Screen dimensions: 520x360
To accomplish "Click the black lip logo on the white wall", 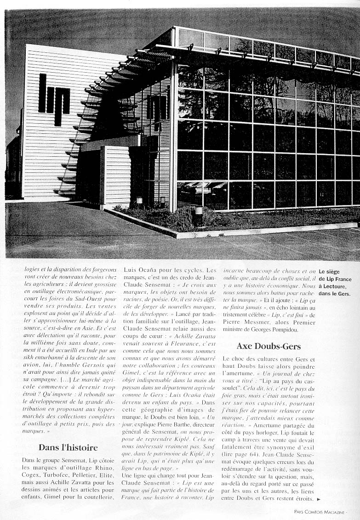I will [x=54, y=99].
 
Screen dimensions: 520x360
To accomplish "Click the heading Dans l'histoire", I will [x=68, y=447].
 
